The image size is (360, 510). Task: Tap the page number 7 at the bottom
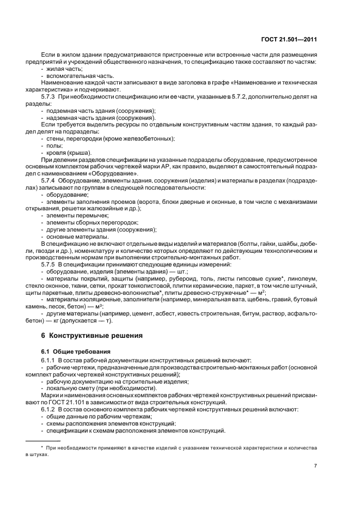click(x=315, y=466)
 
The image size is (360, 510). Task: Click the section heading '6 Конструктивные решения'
click(x=89, y=335)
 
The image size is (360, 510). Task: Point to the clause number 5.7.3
click(x=50, y=96)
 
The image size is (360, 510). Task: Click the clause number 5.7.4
click(x=50, y=180)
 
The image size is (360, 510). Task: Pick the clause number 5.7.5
click(x=50, y=264)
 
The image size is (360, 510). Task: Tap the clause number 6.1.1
click(x=50, y=360)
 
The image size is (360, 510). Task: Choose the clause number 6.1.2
click(x=50, y=409)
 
